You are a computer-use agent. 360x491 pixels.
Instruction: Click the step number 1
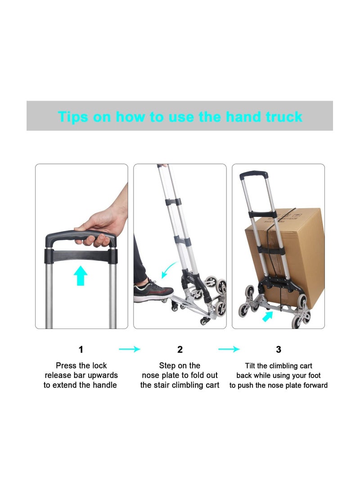[81, 350]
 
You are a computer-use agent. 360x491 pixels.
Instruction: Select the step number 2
[180, 350]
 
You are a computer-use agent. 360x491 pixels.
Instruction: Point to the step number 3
[279, 350]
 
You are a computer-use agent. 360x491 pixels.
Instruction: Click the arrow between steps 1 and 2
[130, 349]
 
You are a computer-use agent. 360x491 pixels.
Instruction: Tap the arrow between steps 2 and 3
[229, 349]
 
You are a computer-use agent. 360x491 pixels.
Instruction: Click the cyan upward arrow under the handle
[81, 275]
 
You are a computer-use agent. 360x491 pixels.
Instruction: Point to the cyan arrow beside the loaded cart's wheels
[268, 316]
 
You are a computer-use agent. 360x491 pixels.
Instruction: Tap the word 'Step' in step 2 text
[167, 366]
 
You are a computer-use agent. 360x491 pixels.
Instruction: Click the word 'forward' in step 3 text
[315, 385]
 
